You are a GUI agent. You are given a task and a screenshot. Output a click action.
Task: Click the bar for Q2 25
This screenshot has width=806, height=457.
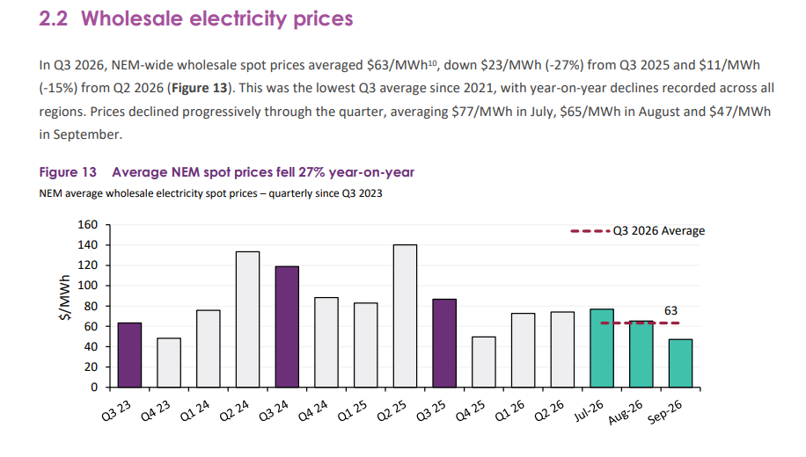pos(405,316)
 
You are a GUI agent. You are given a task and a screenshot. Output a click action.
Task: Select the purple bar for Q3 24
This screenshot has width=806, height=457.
pos(287,327)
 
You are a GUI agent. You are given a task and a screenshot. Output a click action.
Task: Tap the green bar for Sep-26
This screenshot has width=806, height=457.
pos(680,363)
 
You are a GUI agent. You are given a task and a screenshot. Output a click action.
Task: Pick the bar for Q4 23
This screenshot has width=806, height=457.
pos(169,362)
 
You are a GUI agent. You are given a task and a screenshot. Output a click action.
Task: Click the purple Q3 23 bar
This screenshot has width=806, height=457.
pos(129,355)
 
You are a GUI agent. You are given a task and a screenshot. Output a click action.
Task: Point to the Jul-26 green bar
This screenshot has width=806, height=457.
pos(602,348)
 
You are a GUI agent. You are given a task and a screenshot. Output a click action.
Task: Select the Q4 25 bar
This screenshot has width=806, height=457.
pos(484,362)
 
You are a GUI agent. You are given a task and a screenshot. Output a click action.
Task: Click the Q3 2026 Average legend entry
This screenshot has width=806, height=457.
pos(638,231)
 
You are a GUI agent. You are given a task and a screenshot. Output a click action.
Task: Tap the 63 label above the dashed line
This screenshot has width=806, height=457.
pos(670,310)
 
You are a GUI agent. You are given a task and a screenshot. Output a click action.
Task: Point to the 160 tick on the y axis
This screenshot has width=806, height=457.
pos(87,225)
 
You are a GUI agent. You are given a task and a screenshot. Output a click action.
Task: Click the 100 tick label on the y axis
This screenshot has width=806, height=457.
pos(87,286)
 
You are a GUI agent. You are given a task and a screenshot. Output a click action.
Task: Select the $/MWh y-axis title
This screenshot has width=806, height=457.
pos(65,298)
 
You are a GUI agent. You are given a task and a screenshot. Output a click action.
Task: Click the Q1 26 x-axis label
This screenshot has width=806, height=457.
pos(509,410)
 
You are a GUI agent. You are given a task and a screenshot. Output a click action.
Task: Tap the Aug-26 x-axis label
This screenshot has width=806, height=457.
pos(625,412)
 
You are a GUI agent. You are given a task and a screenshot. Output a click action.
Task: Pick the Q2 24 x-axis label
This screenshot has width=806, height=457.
pos(234,410)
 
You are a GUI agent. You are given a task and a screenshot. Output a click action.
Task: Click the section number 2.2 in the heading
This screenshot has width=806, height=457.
pos(54,19)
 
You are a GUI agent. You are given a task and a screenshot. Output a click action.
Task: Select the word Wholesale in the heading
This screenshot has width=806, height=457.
pos(132,19)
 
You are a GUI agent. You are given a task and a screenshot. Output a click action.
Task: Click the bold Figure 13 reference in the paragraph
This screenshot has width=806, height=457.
pos(200,88)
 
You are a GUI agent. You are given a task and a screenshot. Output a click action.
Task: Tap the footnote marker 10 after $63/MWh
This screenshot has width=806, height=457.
pos(432,62)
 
